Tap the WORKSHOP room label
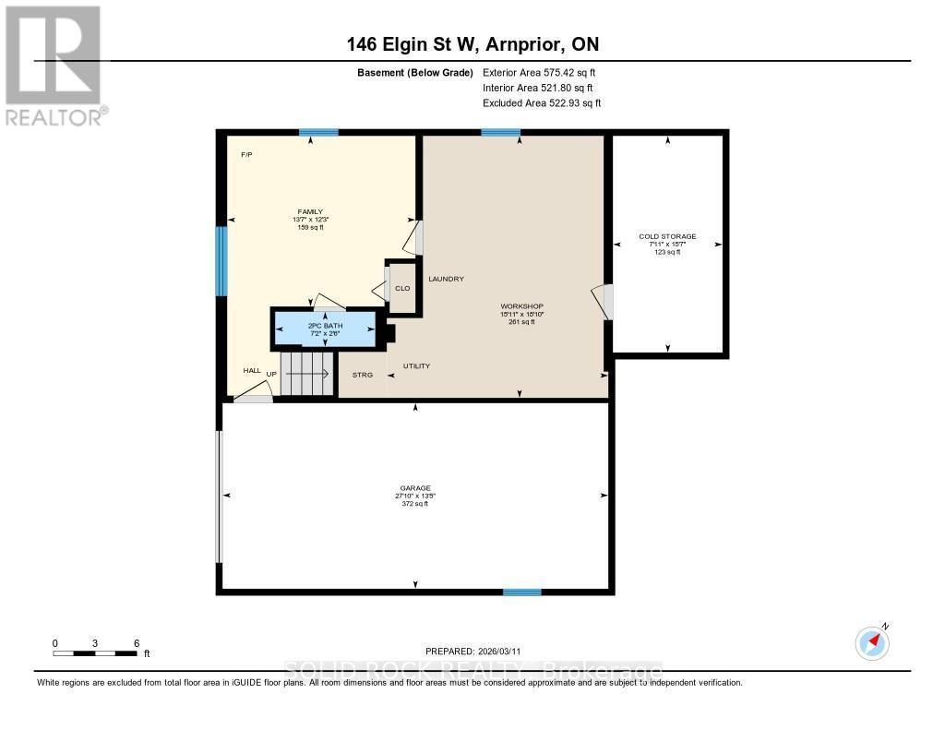(521, 306)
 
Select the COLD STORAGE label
(667, 236)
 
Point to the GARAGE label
(415, 488)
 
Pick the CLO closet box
(401, 288)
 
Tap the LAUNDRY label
(445, 279)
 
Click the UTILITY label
(416, 366)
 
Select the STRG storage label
(363, 375)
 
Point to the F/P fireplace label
(246, 154)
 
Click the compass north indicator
(872, 642)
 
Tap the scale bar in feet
(96, 653)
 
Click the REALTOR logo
(54, 65)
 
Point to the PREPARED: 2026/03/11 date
(472, 651)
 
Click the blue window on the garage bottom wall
(521, 592)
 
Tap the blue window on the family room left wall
(221, 261)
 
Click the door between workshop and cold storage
(604, 302)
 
